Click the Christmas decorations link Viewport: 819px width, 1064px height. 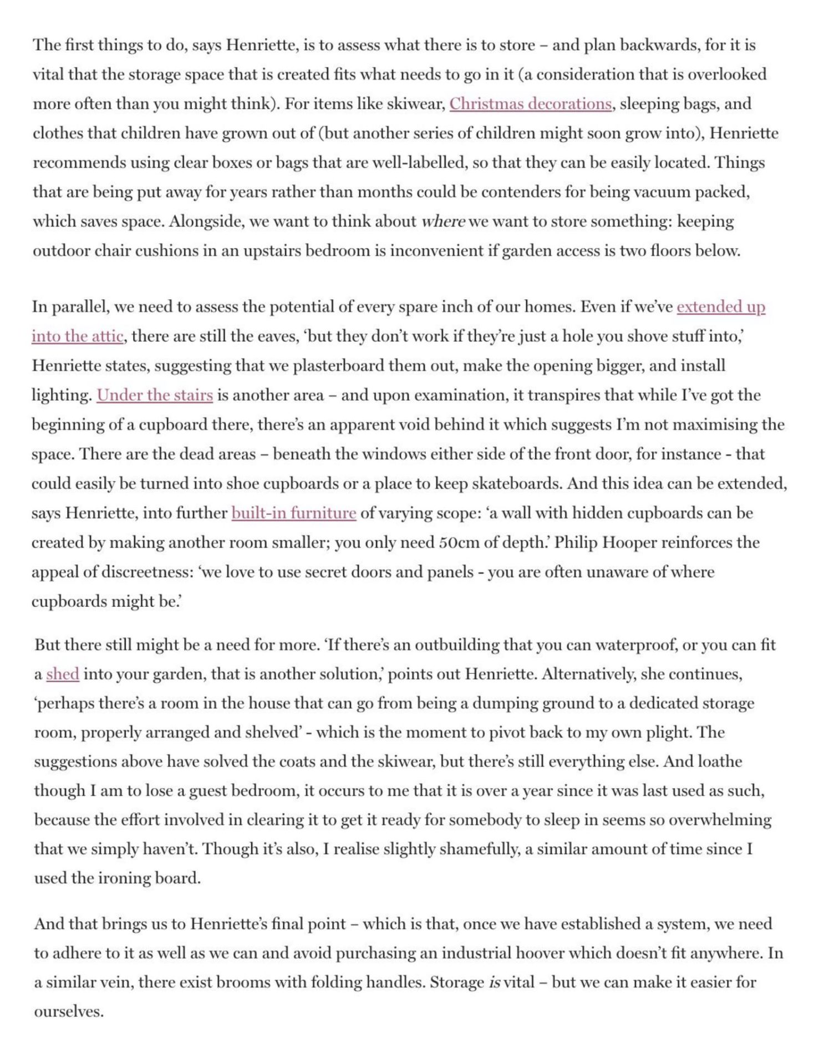pyautogui.click(x=530, y=104)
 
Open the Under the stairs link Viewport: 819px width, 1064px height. pyautogui.click(x=155, y=395)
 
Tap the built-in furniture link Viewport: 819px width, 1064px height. pyautogui.click(x=293, y=513)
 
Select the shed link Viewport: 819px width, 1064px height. pyautogui.click(x=63, y=674)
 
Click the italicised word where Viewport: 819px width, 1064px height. pyautogui.click(x=443, y=222)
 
